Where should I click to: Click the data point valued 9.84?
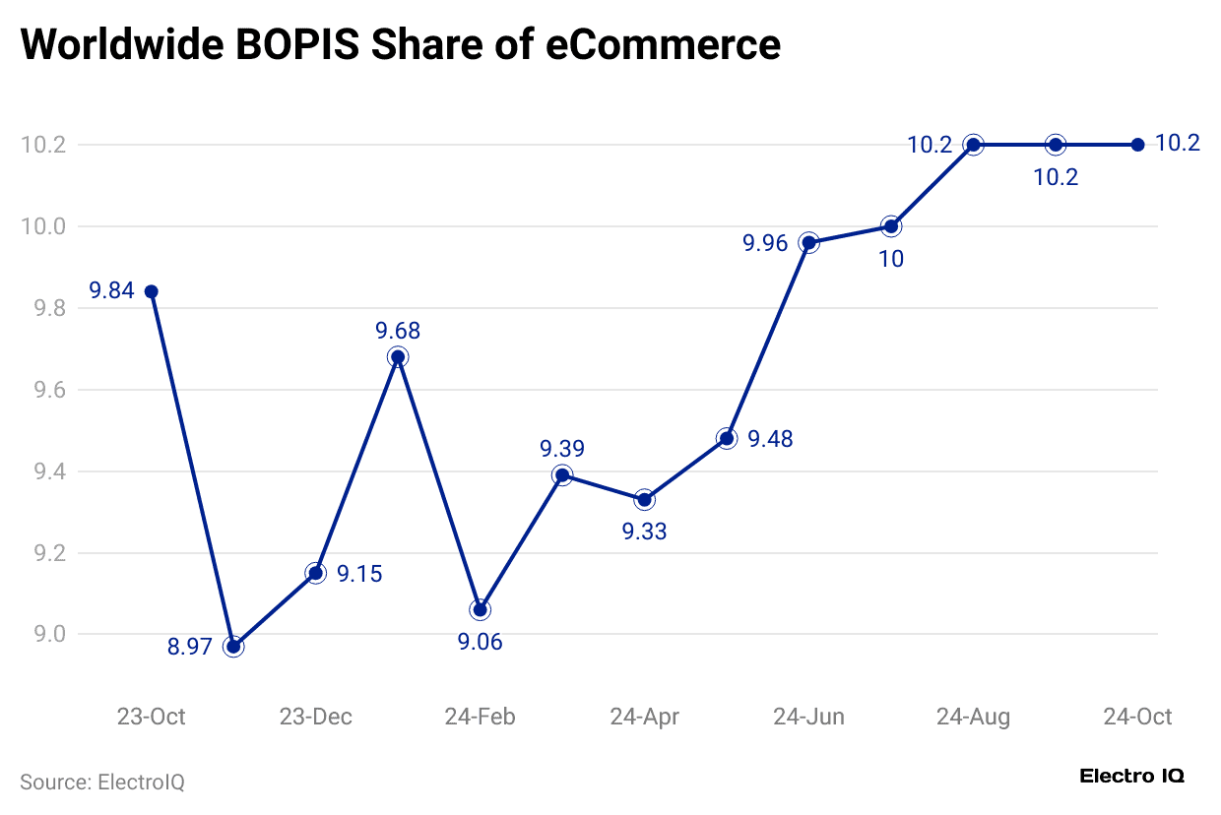click(152, 291)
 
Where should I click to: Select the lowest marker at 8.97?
click(233, 647)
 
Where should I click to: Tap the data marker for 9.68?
click(398, 357)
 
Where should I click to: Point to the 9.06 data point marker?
click(480, 610)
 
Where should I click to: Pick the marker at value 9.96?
click(808, 242)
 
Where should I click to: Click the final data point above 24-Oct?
click(1137, 145)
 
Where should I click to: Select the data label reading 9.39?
click(562, 449)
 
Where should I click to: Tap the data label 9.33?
click(644, 533)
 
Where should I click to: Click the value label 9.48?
click(770, 439)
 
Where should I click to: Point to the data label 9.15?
click(359, 574)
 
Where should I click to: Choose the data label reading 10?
click(891, 260)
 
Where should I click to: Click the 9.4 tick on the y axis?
click(43, 471)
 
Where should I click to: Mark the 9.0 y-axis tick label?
click(43, 635)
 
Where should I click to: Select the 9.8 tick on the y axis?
click(43, 308)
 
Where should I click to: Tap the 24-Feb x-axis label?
click(480, 717)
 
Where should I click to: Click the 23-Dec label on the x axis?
click(316, 717)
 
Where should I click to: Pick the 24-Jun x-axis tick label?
click(808, 717)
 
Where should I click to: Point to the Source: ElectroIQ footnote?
click(102, 783)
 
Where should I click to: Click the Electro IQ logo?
click(1132, 776)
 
